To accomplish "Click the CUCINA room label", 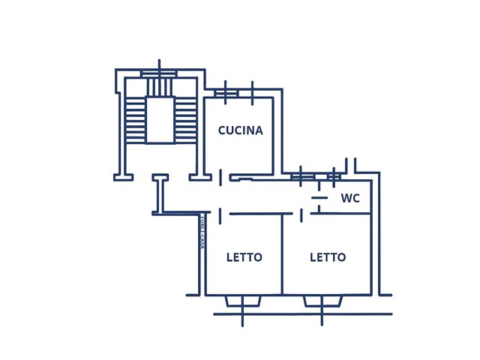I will (x=240, y=130).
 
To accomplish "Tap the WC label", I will (x=350, y=199).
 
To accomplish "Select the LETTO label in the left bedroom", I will (x=244, y=257).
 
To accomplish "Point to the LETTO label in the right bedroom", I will (x=328, y=257).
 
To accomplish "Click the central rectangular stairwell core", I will (x=160, y=119).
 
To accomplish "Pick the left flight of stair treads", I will (x=136, y=120).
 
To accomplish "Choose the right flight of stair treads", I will (x=184, y=120).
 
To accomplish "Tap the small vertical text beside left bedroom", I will (x=202, y=232).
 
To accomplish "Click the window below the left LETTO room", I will (x=243, y=301).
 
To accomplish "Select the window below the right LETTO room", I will (x=322, y=301).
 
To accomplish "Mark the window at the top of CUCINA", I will (x=226, y=93).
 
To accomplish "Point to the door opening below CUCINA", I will (x=220, y=178).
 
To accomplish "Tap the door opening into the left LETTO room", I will (x=220, y=215).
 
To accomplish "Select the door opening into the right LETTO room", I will (x=301, y=215).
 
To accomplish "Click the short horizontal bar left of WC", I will (x=319, y=197).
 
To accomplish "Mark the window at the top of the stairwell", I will (x=159, y=73).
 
